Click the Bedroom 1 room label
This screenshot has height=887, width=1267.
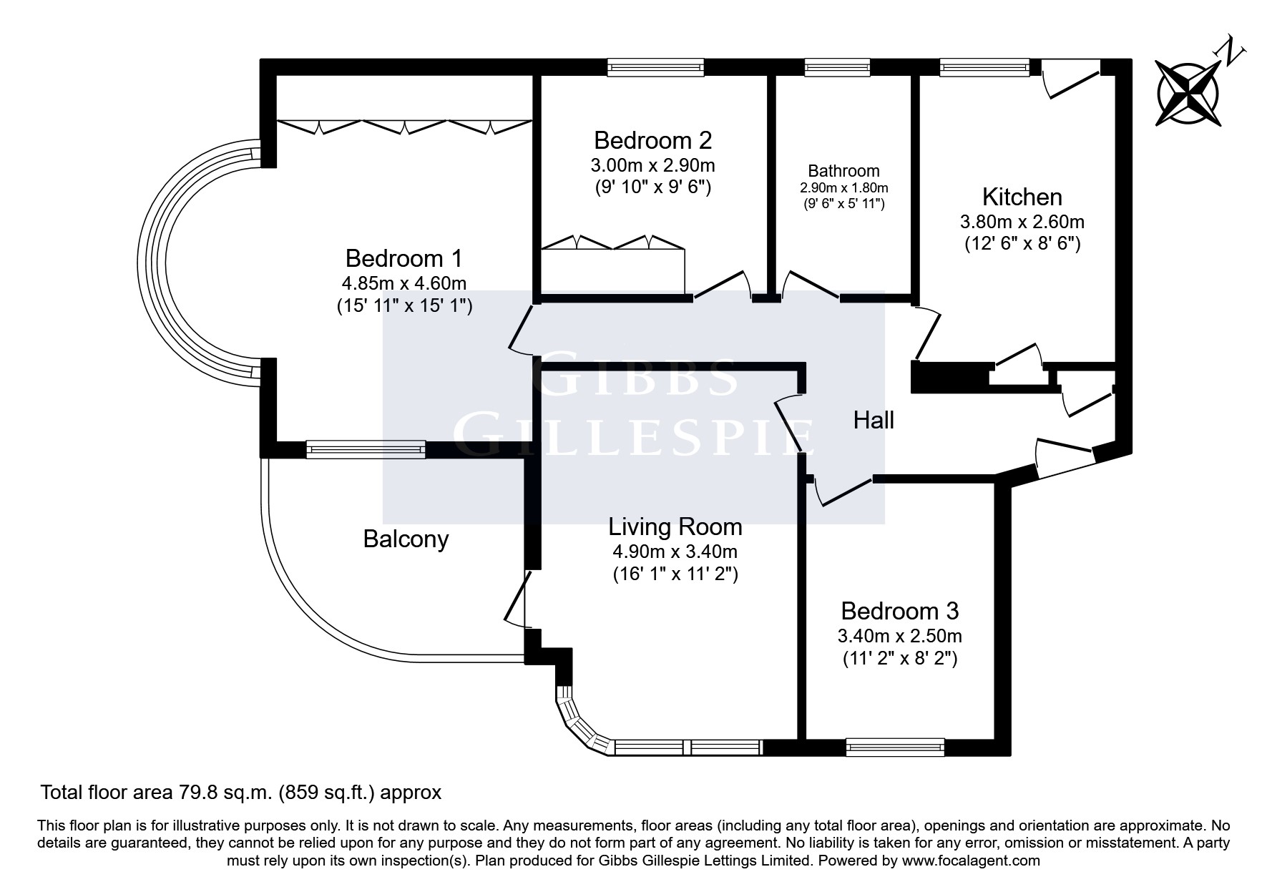click(404, 258)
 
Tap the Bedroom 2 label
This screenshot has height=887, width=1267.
click(652, 139)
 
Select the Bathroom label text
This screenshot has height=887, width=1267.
click(843, 171)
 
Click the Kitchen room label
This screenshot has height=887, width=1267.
click(1022, 197)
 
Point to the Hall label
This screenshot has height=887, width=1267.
click(874, 420)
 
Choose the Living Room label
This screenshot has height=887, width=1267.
click(675, 527)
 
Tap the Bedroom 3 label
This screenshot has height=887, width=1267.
click(899, 611)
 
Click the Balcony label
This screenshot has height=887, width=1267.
click(406, 539)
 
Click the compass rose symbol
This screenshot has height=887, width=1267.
click(1188, 93)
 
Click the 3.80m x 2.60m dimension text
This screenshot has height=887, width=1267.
click(1022, 221)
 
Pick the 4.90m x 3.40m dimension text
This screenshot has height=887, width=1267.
click(675, 552)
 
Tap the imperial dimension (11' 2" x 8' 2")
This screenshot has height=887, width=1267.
click(899, 658)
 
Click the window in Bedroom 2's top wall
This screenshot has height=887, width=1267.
click(655, 67)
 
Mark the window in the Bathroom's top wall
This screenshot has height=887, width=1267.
click(837, 67)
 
